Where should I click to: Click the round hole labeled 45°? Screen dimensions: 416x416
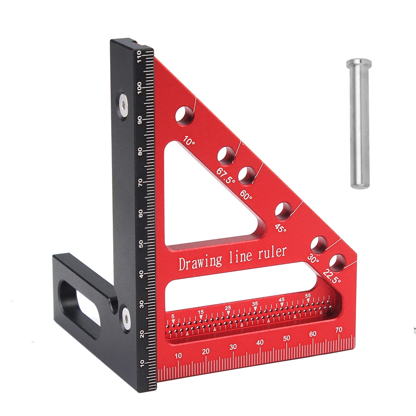point(283,211)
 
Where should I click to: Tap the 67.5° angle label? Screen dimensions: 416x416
point(225,176)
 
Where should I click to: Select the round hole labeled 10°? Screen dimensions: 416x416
point(184,115)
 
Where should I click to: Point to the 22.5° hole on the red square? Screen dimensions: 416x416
point(337,263)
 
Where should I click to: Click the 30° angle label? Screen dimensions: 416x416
point(313,259)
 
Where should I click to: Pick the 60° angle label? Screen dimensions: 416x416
point(245,194)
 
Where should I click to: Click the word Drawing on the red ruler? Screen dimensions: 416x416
point(200,262)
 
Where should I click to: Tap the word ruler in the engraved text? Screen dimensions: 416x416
point(273,252)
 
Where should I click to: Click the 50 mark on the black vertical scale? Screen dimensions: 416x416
point(142,243)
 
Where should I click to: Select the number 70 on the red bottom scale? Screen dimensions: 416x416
point(339,329)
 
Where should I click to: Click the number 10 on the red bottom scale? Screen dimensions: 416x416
point(178,356)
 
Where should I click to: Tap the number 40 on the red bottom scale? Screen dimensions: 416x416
point(260,342)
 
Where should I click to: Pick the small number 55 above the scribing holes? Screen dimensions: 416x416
point(308,295)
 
